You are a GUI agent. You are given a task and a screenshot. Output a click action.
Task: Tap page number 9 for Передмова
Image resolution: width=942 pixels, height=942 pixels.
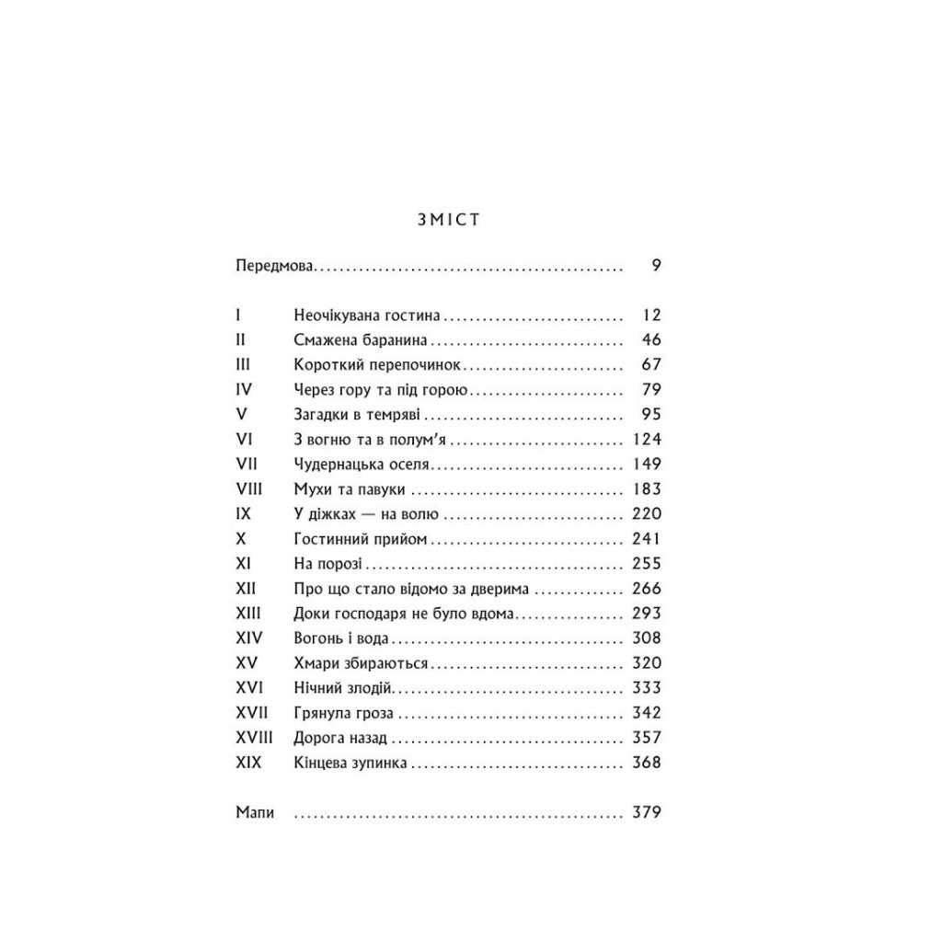(x=656, y=267)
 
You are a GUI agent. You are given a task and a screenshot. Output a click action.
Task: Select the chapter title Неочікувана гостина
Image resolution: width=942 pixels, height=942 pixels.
(x=368, y=316)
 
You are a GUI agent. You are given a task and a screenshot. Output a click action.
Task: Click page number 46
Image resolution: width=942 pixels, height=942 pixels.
(x=652, y=339)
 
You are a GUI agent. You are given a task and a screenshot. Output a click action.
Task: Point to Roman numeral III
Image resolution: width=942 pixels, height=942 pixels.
(x=243, y=364)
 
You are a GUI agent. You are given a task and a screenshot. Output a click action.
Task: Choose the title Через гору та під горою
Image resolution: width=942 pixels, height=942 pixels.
(x=383, y=389)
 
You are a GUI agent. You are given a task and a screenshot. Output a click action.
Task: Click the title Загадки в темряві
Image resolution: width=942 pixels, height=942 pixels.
(x=358, y=414)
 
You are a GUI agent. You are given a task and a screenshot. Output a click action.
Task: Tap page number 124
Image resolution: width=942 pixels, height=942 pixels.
(x=647, y=439)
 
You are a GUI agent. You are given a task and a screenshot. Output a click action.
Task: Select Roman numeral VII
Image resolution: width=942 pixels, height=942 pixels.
(x=247, y=464)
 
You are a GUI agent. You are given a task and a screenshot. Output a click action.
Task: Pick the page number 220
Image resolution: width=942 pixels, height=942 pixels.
(x=647, y=513)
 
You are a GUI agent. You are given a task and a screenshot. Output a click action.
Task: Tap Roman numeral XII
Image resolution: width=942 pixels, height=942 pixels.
(x=247, y=588)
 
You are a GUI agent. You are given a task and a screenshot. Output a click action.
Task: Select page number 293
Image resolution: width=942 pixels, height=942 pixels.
(x=647, y=613)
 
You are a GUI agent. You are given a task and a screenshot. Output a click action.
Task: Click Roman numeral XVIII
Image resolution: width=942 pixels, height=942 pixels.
(x=255, y=737)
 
